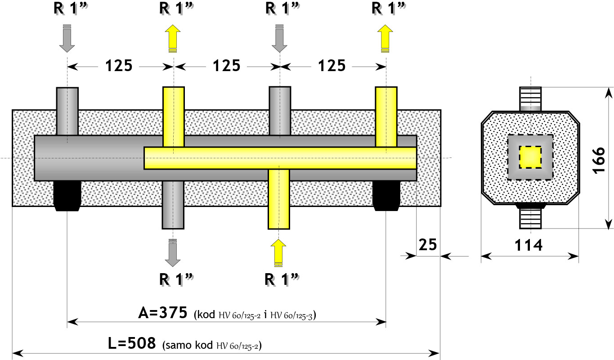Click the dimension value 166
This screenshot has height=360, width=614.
pos(599,160)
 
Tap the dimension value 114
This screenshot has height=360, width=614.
pos(529,245)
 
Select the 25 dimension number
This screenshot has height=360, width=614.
pos(428,244)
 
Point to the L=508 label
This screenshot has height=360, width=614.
pos(132,343)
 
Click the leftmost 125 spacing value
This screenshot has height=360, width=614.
pos(119,66)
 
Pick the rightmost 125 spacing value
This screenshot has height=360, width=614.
pos(332,66)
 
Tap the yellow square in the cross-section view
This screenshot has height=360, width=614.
pos(530,157)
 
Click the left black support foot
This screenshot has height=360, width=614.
pos(67,196)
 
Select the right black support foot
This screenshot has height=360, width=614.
pos(386,196)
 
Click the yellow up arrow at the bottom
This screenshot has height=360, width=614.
pos(278,253)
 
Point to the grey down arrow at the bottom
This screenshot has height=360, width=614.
pos(173,253)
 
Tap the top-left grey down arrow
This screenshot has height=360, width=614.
pos(67,38)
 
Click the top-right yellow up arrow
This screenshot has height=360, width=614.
pos(385,38)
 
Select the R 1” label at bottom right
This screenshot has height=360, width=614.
pos(282,279)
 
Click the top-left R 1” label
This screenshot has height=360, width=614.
pos(71,8)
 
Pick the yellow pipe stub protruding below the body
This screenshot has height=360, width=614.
pos(279,199)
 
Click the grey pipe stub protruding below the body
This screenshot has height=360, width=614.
pos(173,205)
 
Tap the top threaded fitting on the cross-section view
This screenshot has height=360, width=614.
pos(530,99)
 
